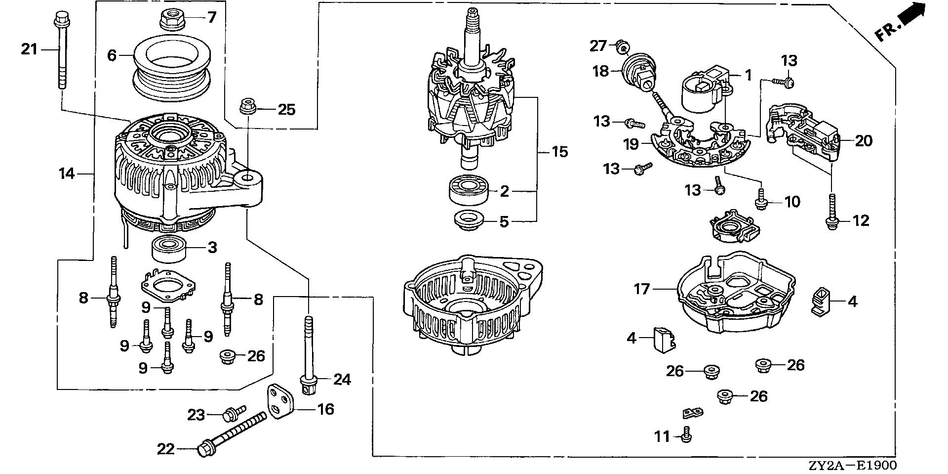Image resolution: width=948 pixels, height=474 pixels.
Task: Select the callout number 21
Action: coord(29,49)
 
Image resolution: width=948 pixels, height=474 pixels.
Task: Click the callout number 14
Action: coord(67,173)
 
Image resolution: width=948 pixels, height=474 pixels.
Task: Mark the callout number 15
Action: coord(559,151)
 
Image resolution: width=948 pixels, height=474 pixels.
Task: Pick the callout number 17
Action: coord(642,288)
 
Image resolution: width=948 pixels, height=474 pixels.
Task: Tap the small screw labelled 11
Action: coord(686,436)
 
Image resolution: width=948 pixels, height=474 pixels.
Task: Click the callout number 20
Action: coord(864,141)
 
